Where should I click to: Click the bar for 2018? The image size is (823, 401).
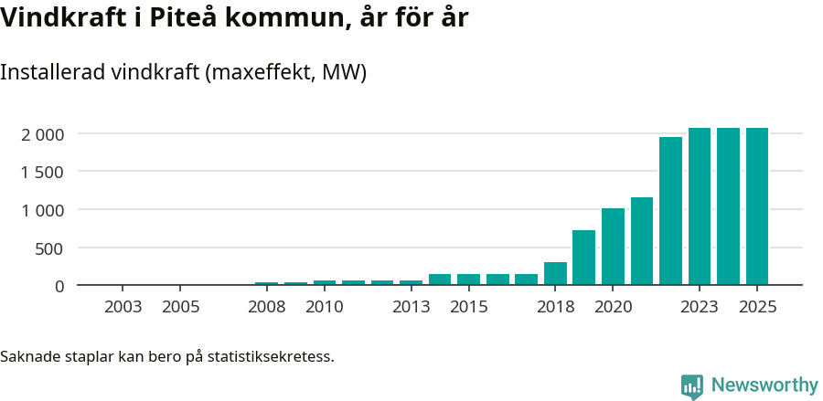[555, 274]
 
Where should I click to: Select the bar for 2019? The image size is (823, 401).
[584, 258]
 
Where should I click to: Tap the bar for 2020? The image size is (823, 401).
[613, 247]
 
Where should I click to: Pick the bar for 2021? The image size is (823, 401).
[642, 241]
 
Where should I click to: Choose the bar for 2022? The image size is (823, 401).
[670, 211]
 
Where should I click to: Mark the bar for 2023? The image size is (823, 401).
[700, 206]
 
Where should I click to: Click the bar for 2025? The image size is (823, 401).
[757, 206]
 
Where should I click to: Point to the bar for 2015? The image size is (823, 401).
[468, 280]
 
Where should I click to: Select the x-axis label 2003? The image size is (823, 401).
[123, 307]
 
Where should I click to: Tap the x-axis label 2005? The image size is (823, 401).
[181, 307]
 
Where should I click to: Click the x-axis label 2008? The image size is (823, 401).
[267, 307]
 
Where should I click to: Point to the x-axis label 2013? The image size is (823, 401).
[411, 307]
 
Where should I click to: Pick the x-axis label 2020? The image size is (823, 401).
[613, 307]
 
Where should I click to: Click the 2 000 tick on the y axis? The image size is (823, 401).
[43, 134]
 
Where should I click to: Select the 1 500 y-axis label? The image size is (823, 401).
[43, 172]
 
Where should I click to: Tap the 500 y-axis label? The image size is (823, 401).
[50, 248]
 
